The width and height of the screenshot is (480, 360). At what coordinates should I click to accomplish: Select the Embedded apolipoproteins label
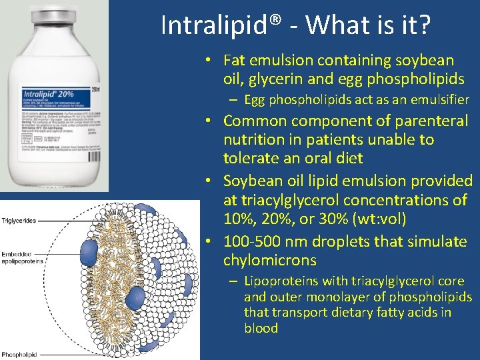pos(21,257)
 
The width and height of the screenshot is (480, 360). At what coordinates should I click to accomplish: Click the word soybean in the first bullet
pos(423,60)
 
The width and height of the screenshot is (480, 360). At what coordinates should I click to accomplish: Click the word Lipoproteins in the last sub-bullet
pos(278,281)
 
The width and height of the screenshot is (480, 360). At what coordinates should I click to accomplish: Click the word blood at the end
pos(261,327)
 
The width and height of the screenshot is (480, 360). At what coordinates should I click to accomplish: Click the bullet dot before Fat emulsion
pos(209,60)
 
